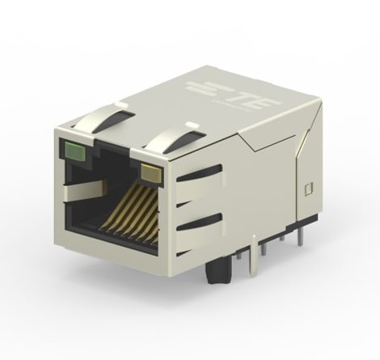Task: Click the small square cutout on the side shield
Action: [x=308, y=191]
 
